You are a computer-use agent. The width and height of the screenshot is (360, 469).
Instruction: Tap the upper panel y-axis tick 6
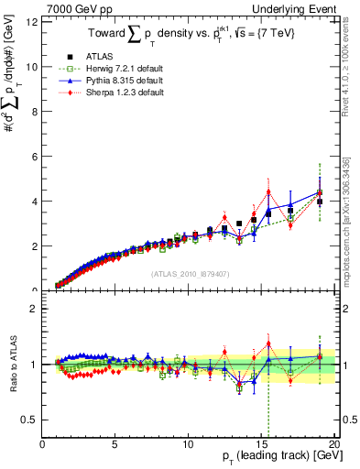(34, 156)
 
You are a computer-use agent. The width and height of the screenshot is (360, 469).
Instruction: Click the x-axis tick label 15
(259, 444)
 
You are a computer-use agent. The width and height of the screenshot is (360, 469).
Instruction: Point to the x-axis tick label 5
(115, 444)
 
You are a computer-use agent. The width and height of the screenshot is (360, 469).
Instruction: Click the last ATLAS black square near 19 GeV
(319, 202)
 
